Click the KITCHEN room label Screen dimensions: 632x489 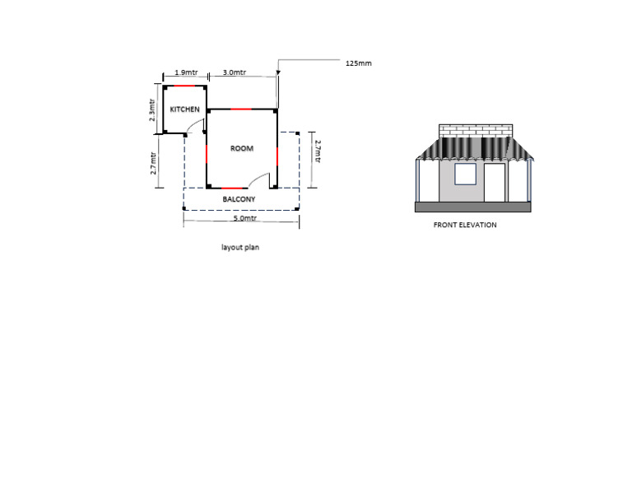point(184,109)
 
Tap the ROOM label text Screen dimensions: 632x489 point(242,148)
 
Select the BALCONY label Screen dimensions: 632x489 point(239,199)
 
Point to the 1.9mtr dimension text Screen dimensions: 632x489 point(186,72)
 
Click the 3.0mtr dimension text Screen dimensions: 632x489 point(235,72)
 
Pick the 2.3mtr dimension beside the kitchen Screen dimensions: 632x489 point(151,110)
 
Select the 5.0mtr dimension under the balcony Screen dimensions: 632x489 point(245,218)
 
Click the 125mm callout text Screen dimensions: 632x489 point(359,63)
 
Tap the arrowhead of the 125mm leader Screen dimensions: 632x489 point(277,73)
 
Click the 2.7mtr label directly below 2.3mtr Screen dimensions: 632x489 point(153,163)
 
